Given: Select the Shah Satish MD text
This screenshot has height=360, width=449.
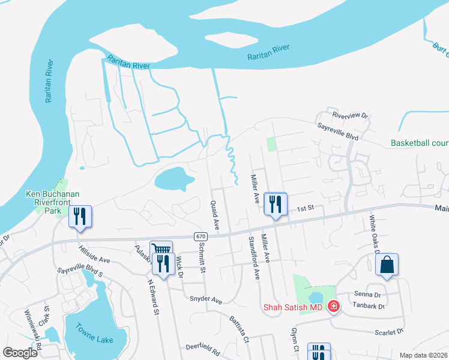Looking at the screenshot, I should pyautogui.click(x=293, y=307).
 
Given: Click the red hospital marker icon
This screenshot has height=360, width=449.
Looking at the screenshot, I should pyautogui.click(x=333, y=307).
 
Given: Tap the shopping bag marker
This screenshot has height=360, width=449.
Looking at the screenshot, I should pyautogui.click(x=387, y=265).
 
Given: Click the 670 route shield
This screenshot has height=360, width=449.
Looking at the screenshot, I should pyautogui.click(x=200, y=236).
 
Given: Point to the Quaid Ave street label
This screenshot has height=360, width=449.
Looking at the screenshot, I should pyautogui.click(x=214, y=214).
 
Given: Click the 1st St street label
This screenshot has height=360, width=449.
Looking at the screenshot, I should pyautogui.click(x=306, y=208).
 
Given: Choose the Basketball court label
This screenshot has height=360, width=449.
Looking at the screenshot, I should pyautogui.click(x=420, y=143).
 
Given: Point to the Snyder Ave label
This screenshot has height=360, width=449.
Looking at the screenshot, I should pyautogui.click(x=206, y=299).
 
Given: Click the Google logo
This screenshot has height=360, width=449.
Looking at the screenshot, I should pyautogui.click(x=20, y=353).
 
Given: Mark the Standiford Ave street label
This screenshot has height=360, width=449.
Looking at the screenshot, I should pyautogui.click(x=254, y=258).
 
